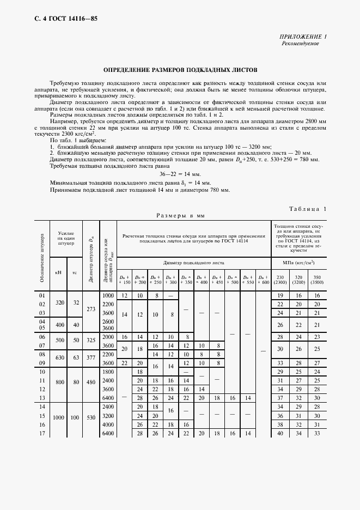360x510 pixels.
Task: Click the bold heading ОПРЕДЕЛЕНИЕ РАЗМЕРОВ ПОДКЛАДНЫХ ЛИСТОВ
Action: tap(180, 70)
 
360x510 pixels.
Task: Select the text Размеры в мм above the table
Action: tap(180, 216)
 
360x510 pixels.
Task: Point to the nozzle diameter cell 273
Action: tap(91, 308)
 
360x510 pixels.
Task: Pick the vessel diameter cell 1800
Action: tap(108, 371)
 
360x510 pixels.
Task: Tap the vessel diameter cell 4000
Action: tap(108, 424)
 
